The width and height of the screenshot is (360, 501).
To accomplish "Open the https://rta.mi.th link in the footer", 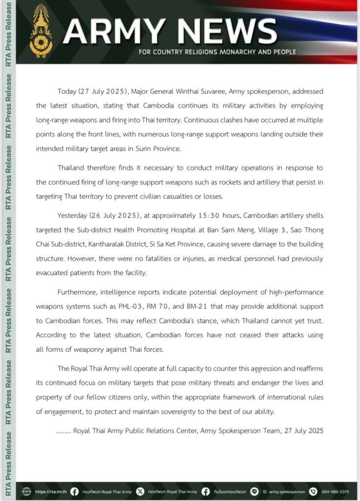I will click(x=51, y=491).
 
